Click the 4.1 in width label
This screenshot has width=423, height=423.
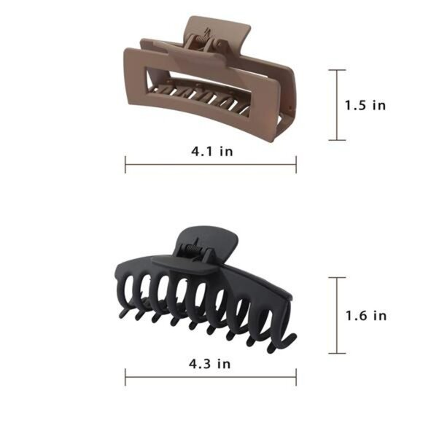click(x=211, y=152)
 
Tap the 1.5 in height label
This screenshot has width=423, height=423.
click(x=365, y=105)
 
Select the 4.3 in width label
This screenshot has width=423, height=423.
click(x=211, y=362)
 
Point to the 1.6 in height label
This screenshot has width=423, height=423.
click(x=365, y=316)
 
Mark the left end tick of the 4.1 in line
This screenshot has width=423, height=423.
click(x=125, y=166)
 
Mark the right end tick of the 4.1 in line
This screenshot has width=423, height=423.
click(x=296, y=166)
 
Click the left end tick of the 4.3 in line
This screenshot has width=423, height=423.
click(x=125, y=376)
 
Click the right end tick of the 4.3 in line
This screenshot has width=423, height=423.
click(x=296, y=376)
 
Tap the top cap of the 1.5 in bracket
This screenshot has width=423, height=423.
click(x=336, y=70)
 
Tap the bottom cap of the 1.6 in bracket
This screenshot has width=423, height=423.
click(x=336, y=351)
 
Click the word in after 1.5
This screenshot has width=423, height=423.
click(x=378, y=105)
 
